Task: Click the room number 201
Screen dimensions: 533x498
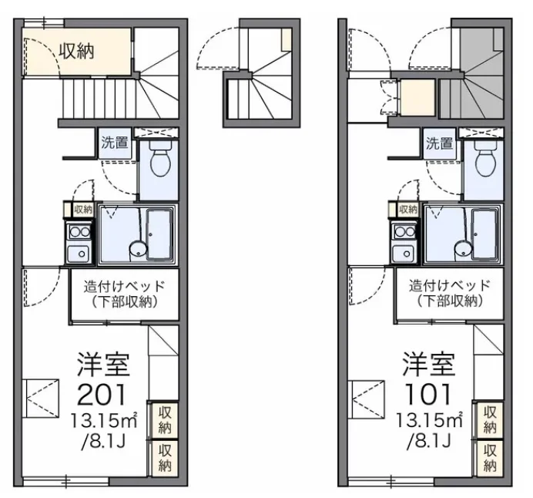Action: (102, 395)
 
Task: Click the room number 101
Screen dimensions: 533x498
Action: (428, 395)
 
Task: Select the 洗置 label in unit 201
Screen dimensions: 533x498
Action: (115, 143)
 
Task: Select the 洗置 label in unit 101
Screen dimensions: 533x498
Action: (440, 143)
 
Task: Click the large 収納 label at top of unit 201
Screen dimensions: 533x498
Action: (77, 52)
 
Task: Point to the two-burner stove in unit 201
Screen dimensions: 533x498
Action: (79, 232)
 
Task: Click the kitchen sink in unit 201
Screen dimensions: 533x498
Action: (79, 254)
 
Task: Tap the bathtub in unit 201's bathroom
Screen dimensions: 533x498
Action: (159, 234)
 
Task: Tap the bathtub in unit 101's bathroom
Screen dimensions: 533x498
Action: (484, 234)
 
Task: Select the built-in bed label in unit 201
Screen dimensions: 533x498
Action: (125, 294)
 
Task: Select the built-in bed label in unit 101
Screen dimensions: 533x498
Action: (450, 294)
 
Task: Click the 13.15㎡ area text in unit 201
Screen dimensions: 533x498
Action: (104, 422)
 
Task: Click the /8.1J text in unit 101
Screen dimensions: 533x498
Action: (429, 442)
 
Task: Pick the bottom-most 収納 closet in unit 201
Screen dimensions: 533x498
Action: (165, 458)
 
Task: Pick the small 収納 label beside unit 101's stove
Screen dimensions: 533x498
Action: (408, 209)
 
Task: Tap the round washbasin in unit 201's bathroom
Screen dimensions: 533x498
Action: (138, 248)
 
